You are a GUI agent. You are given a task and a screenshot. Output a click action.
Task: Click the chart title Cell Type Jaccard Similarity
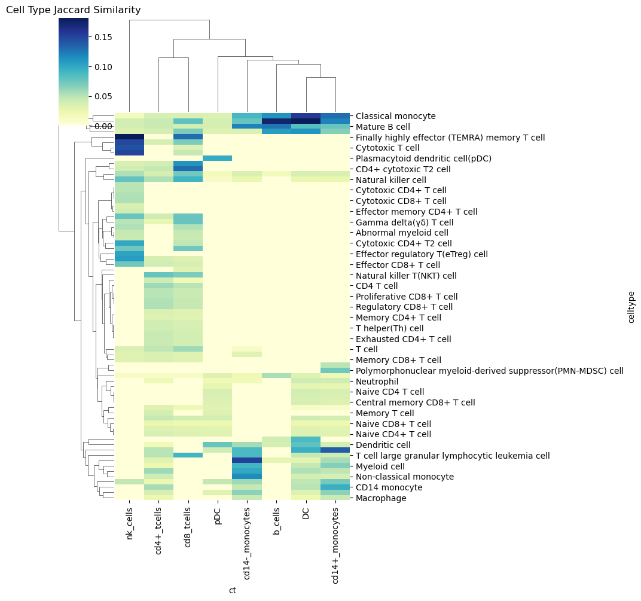click(73, 10)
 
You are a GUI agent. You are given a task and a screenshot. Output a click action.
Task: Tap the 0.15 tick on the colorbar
click(103, 37)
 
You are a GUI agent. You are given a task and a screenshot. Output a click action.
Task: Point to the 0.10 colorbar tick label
click(103, 67)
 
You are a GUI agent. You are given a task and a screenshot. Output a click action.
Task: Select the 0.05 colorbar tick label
click(103, 96)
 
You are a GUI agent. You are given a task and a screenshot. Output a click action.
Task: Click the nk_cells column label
click(130, 523)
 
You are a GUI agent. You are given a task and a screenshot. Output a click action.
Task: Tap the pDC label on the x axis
click(218, 516)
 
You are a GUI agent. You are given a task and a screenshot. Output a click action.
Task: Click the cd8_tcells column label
click(188, 527)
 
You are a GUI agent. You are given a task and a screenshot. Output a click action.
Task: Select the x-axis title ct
click(232, 590)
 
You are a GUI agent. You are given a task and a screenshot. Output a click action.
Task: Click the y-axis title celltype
click(631, 307)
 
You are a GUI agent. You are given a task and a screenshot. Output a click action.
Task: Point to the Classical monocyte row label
click(396, 116)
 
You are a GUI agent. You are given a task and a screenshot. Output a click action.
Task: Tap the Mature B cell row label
click(383, 127)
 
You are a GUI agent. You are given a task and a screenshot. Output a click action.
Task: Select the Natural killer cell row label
click(391, 180)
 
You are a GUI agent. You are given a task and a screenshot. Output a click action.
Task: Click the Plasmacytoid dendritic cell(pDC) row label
click(423, 158)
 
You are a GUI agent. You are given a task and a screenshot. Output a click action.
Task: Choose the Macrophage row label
click(381, 498)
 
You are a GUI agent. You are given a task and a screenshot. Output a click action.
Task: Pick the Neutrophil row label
click(377, 382)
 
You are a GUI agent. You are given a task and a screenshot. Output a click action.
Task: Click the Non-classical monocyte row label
click(405, 477)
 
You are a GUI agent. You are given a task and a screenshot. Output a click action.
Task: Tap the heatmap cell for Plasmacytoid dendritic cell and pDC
click(218, 158)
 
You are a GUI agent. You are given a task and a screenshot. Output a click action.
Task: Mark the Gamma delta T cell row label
click(404, 222)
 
